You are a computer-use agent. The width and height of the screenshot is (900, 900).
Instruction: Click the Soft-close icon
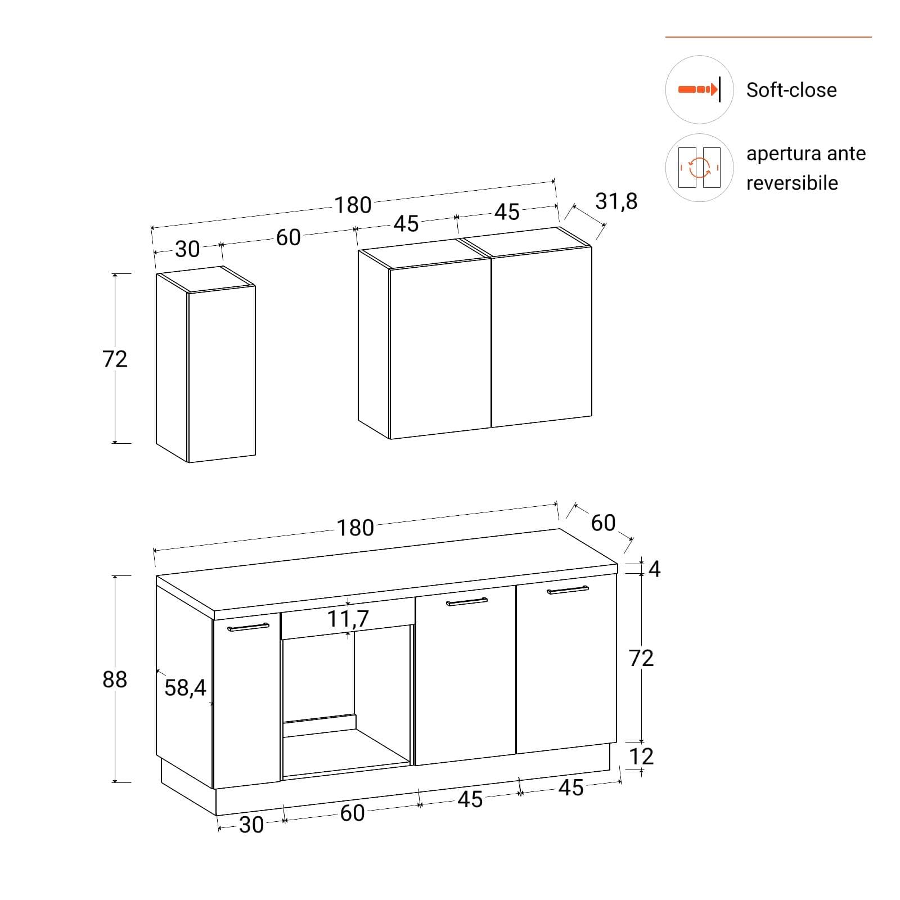tap(699, 89)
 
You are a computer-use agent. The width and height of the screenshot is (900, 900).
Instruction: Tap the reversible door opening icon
tap(699, 168)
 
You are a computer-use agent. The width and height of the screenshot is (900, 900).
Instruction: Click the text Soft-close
tap(791, 90)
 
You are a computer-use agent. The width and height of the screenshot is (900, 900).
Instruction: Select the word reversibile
tap(792, 183)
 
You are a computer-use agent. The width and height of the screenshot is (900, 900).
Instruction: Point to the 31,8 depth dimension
tap(616, 201)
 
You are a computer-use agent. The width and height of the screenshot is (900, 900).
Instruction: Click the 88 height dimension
tap(115, 679)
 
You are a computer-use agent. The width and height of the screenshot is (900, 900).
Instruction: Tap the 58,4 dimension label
tap(185, 687)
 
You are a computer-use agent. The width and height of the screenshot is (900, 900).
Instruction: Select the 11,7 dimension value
tap(348, 619)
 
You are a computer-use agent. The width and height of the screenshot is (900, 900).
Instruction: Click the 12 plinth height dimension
tap(641, 757)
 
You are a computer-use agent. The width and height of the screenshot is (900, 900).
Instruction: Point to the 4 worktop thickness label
tap(654, 569)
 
